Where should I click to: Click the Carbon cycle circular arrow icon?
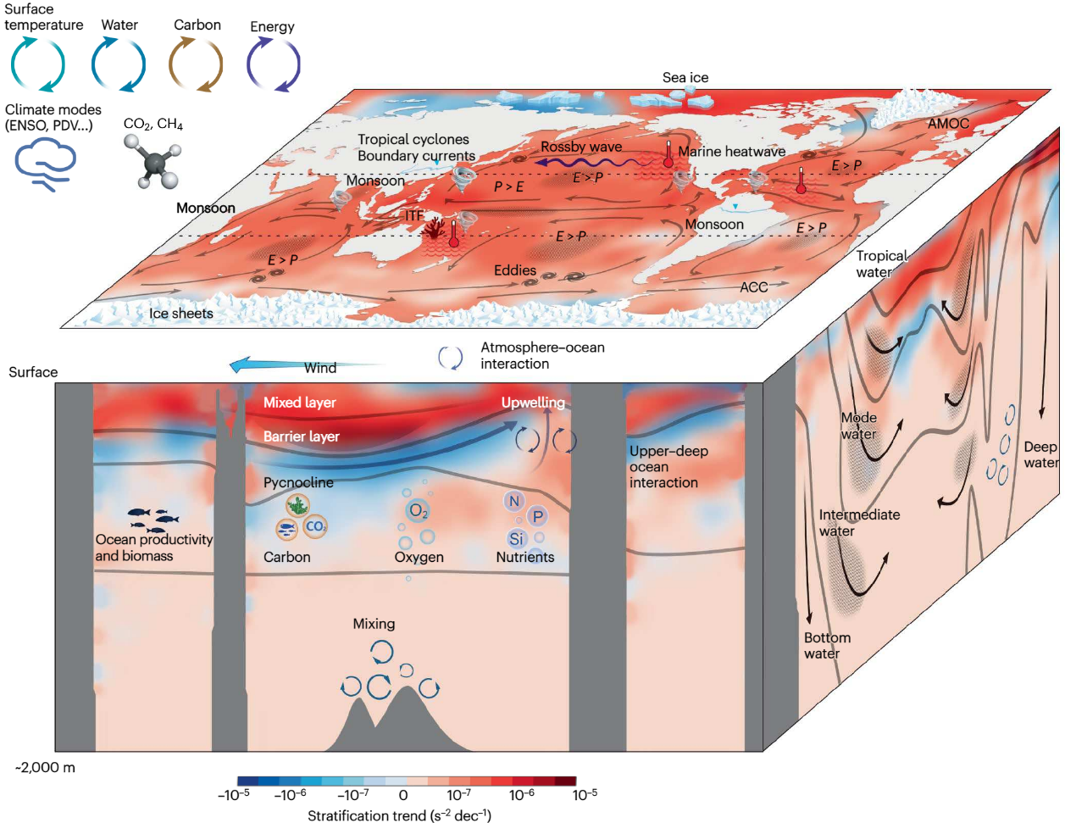(196, 64)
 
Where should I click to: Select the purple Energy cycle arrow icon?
(273, 64)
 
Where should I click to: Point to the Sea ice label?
(685, 78)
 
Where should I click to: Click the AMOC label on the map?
(948, 124)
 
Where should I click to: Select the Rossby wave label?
(581, 147)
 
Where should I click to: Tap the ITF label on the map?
(413, 216)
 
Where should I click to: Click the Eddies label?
(515, 270)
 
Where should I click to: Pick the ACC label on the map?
(753, 287)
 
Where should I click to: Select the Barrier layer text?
(301, 437)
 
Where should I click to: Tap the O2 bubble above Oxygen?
(419, 511)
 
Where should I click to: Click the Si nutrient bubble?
(517, 538)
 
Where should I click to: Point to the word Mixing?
(374, 624)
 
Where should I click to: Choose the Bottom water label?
(826, 646)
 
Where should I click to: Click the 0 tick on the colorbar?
(403, 795)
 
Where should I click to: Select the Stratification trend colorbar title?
(399, 815)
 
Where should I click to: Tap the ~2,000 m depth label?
(45, 768)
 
